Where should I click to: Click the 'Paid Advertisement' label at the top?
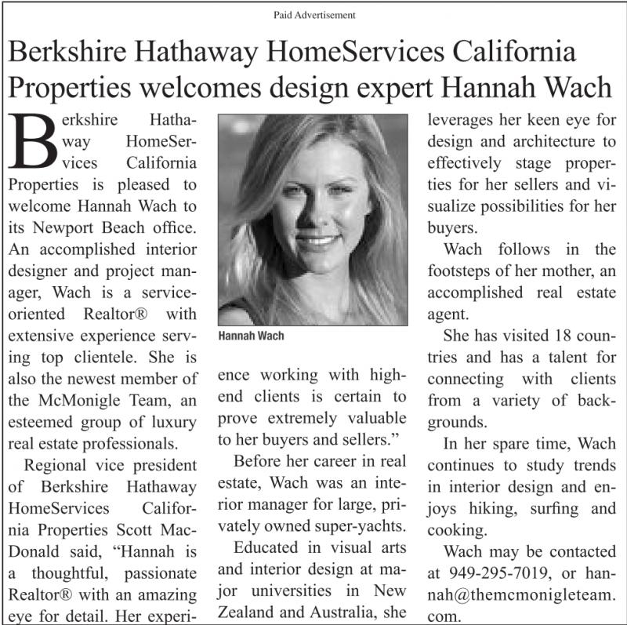point(314,15)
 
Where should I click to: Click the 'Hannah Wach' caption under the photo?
point(252,336)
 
